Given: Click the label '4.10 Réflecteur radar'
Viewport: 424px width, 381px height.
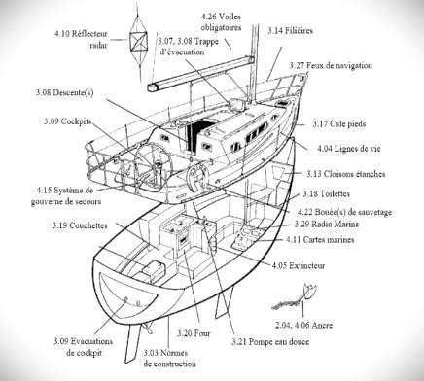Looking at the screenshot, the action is [81, 39].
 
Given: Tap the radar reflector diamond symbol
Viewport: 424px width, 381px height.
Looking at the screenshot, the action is [139, 42].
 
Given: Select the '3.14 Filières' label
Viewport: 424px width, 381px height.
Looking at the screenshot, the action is [290, 31].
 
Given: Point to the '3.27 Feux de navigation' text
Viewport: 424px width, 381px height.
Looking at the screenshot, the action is [331, 65].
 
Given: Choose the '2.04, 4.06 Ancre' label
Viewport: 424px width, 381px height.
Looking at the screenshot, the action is [303, 325].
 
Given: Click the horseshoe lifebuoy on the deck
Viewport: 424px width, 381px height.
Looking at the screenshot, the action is [197, 178].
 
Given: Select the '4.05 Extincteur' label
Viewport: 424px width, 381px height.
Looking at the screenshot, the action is [299, 266].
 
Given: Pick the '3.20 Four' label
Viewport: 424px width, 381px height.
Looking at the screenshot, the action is [194, 333].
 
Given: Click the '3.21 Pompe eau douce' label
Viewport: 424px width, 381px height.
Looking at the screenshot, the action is [270, 342].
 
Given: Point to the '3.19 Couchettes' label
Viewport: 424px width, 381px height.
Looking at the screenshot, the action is [80, 225].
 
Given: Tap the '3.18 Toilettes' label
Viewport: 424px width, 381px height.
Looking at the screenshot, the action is [327, 194].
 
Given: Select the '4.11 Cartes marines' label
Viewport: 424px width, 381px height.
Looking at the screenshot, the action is [320, 240].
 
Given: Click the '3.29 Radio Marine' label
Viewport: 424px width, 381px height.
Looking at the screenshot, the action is [327, 225].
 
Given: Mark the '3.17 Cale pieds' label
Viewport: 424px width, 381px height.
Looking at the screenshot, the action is [339, 124].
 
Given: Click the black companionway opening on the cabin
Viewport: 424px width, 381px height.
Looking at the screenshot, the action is [197, 134].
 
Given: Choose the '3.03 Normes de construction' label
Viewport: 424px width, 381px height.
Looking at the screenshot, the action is [170, 359].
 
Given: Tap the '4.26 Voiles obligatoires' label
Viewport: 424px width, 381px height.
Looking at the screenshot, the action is [221, 22].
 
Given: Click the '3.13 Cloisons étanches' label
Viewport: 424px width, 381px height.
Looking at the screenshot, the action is [346, 174].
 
